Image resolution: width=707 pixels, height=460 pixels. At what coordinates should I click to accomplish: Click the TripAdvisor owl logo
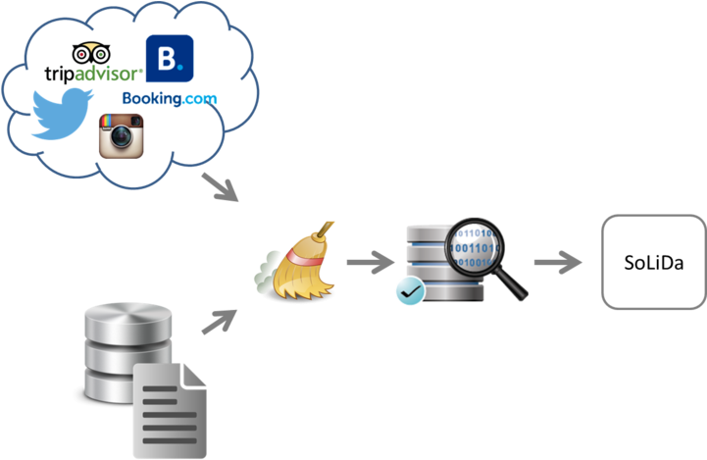pyautogui.click(x=94, y=53)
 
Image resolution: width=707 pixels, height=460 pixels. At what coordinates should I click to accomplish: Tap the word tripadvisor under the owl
pyautogui.click(x=94, y=74)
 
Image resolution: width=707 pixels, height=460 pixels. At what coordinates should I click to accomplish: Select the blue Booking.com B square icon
pyautogui.click(x=169, y=58)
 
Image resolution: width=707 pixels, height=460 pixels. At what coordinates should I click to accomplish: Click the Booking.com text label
pyautogui.click(x=170, y=98)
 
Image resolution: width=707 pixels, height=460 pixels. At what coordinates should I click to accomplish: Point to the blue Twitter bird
pyautogui.click(x=61, y=112)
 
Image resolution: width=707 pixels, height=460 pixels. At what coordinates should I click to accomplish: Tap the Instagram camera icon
pyautogui.click(x=122, y=134)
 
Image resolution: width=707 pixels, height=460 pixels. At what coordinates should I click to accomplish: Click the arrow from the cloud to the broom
pyautogui.click(x=222, y=187)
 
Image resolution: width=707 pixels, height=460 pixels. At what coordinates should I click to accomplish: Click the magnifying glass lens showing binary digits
pyautogui.click(x=474, y=248)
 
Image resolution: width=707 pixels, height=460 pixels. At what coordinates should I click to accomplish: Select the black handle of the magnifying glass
pyautogui.click(x=514, y=285)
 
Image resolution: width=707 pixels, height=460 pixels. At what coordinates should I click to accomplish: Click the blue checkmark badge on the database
pyautogui.click(x=408, y=290)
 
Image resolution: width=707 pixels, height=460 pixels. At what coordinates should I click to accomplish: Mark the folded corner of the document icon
pyautogui.click(x=196, y=374)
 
